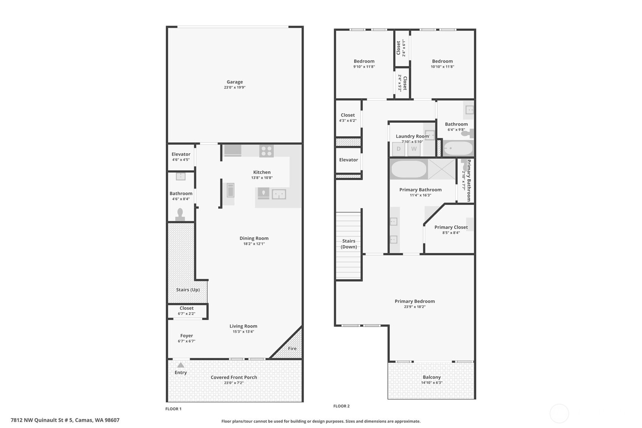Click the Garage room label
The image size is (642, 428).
[x=235, y=82]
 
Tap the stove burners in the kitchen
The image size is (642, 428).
[x=266, y=151]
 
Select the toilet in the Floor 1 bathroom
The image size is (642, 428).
[x=180, y=215]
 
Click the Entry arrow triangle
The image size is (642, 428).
[x=181, y=365]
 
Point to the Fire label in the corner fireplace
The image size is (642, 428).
[x=292, y=349]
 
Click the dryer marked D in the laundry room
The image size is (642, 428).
[x=398, y=149]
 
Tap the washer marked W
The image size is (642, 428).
[x=414, y=149]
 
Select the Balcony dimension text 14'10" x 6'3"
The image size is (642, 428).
[x=432, y=383]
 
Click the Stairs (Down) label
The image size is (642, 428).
[x=348, y=244]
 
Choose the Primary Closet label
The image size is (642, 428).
[x=451, y=227]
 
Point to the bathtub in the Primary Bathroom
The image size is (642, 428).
[x=409, y=169]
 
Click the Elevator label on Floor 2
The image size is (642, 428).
[x=348, y=160]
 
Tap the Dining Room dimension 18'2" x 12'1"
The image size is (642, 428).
[x=254, y=244]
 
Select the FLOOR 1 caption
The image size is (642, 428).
[x=173, y=409]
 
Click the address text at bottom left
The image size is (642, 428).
[x=65, y=420]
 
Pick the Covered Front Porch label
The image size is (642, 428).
[x=234, y=377]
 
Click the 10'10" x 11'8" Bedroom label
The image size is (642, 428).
[x=442, y=61]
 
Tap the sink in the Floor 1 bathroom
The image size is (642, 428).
[x=180, y=176]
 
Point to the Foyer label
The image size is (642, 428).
[x=187, y=336]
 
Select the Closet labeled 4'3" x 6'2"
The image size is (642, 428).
[x=348, y=115]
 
